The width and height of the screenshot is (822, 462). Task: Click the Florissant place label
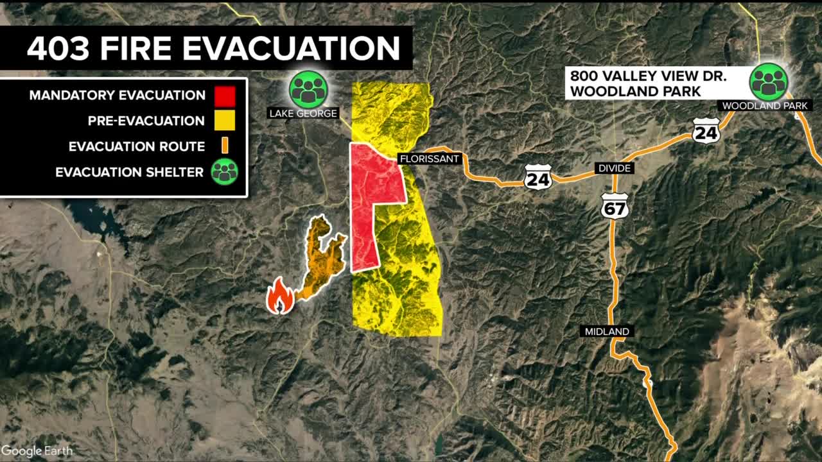point(430,158)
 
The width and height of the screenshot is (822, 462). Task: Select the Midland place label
point(607,331)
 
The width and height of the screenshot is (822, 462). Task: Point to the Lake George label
point(303,114)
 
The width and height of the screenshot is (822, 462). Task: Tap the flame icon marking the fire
point(281,296)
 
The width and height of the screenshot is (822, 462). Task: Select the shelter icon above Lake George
point(308,89)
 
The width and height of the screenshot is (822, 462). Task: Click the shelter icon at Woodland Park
point(769,81)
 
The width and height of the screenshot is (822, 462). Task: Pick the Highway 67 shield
point(615,205)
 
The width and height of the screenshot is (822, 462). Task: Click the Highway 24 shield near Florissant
point(538,176)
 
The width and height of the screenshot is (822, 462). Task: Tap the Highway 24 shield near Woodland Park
point(706,130)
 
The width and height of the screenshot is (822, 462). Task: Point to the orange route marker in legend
point(225,146)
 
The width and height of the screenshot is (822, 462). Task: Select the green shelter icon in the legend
point(224,171)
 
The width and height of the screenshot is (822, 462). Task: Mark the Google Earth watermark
point(37,450)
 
